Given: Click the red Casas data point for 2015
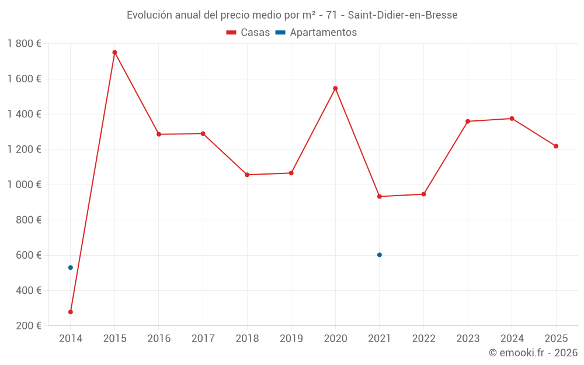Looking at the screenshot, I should [x=114, y=53].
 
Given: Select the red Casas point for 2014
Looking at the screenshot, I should [x=71, y=312].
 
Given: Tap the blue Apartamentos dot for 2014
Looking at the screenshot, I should [x=71, y=267].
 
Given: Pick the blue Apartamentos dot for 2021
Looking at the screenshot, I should [x=380, y=255].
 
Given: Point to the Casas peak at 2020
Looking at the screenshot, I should [x=335, y=88].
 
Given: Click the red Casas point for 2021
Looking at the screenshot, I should [x=380, y=196].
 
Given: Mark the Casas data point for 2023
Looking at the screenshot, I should [x=468, y=121].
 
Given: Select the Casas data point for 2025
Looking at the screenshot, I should [x=556, y=146].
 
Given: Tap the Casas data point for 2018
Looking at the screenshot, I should [x=247, y=175].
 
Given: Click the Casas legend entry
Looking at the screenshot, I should [x=248, y=33].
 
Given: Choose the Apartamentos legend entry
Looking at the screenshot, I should [x=316, y=33].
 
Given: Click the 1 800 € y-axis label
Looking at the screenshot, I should [x=24, y=44].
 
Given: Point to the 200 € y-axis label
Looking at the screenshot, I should [x=29, y=325].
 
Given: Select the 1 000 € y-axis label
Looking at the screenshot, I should [x=24, y=185].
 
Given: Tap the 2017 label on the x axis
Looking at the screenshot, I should [x=203, y=338].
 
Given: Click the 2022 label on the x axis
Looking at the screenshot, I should [x=423, y=338].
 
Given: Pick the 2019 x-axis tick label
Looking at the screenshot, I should [x=291, y=338].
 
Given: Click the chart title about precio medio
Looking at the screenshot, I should [x=292, y=15].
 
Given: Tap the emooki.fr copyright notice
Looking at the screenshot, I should [x=533, y=353].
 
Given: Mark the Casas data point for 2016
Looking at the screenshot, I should [x=159, y=134].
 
